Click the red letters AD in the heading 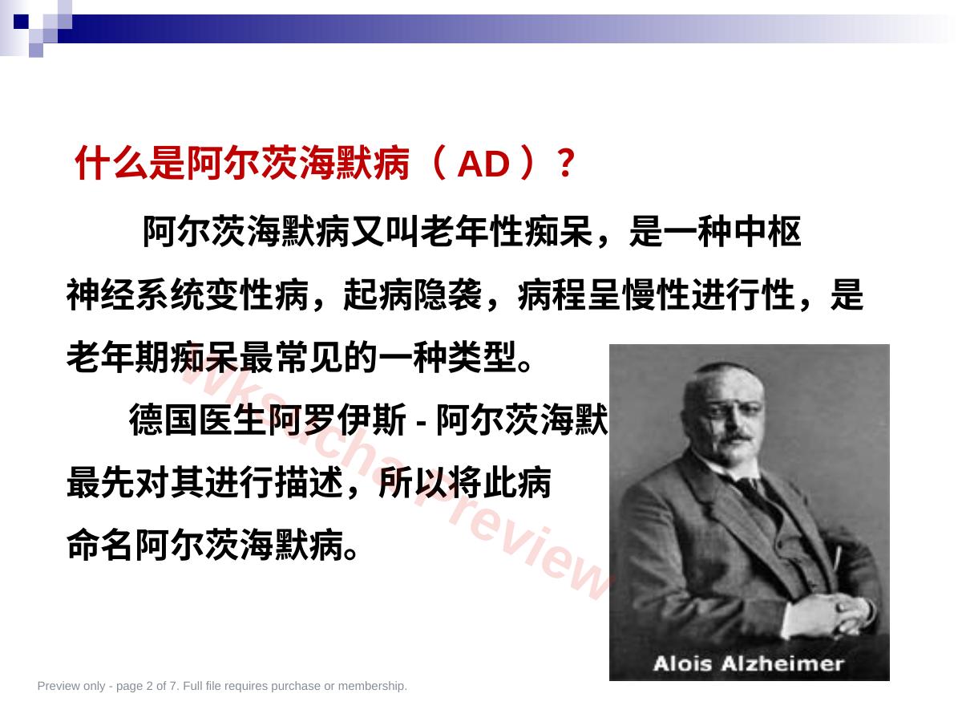[483, 164]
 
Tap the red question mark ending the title [567, 163]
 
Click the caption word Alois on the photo [682, 663]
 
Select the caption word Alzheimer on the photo [782, 663]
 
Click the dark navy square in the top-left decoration [21, 22]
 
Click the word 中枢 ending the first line [767, 231]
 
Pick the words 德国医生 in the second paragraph [198, 420]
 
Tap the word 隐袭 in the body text [447, 294]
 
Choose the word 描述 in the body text [309, 483]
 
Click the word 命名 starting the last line [101, 545]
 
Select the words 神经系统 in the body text [135, 294]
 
